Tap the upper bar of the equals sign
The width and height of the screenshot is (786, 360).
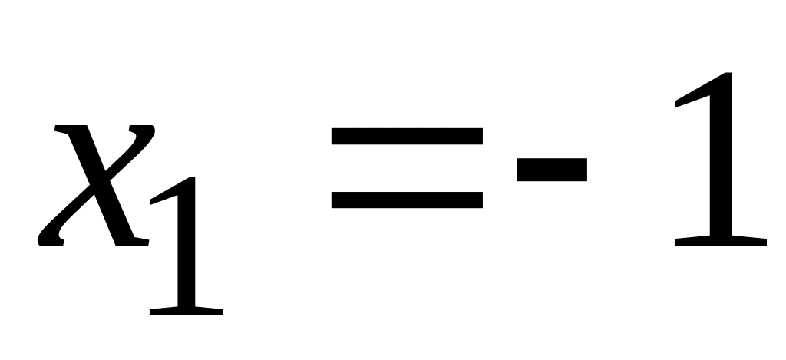click(407, 137)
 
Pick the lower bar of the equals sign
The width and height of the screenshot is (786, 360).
click(407, 200)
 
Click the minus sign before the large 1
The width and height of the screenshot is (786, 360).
click(552, 170)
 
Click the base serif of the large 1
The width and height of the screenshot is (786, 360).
click(720, 240)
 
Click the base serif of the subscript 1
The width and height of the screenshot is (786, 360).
click(186, 310)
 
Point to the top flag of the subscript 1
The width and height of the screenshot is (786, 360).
click(165, 195)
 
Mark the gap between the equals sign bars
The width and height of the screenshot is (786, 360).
click(407, 168)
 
